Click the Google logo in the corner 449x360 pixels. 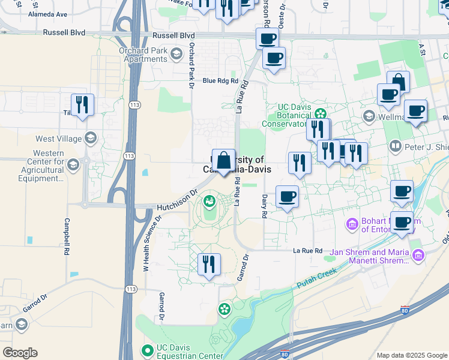coord(20,353)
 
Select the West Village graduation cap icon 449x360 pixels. coord(91,139)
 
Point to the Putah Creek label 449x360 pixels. coord(315,280)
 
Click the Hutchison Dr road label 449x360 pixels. coord(177,200)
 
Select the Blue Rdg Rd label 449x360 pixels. coord(220,80)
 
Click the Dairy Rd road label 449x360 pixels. coord(264,206)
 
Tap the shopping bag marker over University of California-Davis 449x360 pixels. coord(223,161)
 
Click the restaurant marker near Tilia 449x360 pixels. coord(82,105)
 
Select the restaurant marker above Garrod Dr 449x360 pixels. coord(209,264)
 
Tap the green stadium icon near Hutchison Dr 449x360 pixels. coord(209,202)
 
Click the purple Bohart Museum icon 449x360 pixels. coord(352,225)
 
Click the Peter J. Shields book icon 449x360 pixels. coord(395,146)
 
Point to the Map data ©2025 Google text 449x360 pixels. coord(411,355)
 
